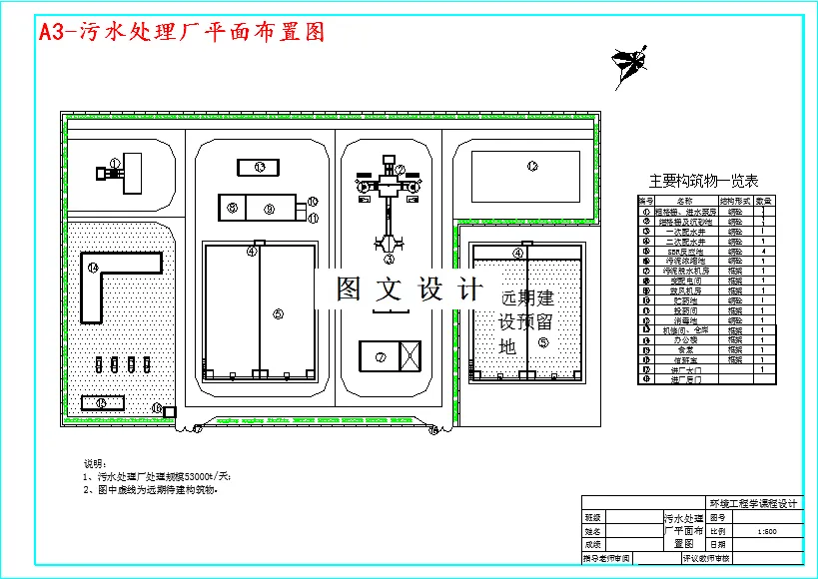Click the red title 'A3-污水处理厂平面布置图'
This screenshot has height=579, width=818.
[x=182, y=32]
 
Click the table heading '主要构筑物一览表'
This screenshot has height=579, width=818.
[x=703, y=181]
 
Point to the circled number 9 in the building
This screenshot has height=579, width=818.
[x=268, y=209]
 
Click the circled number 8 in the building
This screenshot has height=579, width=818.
[x=232, y=209]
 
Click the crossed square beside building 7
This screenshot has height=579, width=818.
[x=409, y=354]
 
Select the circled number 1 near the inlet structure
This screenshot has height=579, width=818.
[x=115, y=162]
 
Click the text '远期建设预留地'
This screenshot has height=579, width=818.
[x=527, y=321]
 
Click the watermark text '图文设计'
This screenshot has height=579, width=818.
[x=408, y=289]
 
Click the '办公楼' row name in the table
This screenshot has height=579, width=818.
[x=684, y=339]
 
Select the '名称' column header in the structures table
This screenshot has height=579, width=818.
[x=684, y=201]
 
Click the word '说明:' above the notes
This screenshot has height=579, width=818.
[x=93, y=464]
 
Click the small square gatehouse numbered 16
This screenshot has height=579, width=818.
[x=170, y=411]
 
